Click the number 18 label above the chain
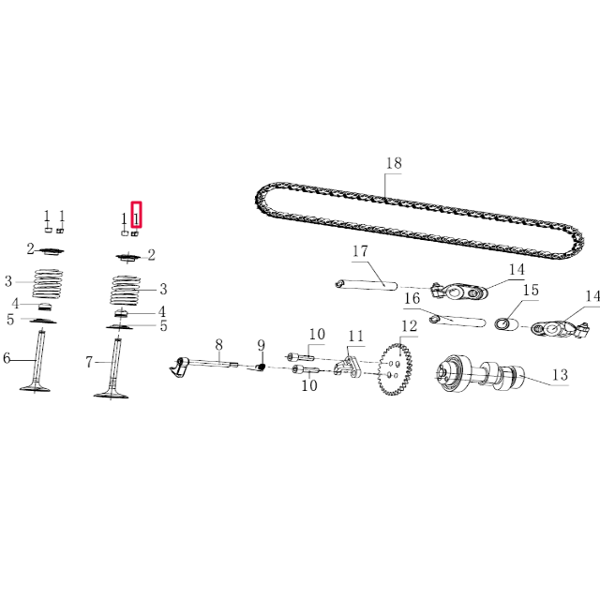394,163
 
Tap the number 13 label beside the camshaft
559,375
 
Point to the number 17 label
361,251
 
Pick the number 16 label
412,299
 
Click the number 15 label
531,291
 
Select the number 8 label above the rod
218,344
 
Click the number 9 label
262,345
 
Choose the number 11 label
355,337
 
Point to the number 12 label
409,326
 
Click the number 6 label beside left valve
7,358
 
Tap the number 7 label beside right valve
90,361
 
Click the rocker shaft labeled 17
366,283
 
